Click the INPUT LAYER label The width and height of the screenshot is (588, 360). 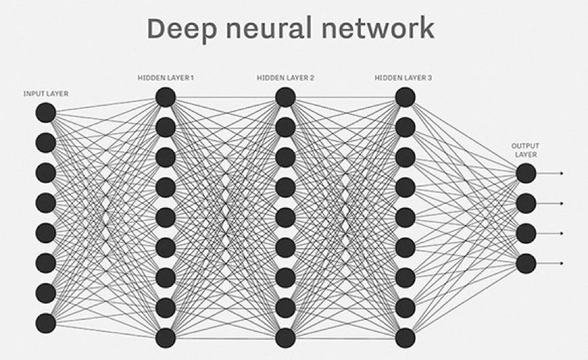(x=46, y=92)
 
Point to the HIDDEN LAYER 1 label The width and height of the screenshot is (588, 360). (x=165, y=78)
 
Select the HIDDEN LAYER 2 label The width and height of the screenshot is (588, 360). (x=286, y=78)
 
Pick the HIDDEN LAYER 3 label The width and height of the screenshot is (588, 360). (x=403, y=78)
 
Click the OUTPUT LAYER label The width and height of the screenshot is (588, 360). (x=525, y=150)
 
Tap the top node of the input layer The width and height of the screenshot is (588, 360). (x=46, y=113)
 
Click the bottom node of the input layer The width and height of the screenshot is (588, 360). (x=46, y=323)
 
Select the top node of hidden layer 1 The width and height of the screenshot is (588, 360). (x=165, y=97)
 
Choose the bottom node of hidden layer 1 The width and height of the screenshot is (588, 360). (x=165, y=338)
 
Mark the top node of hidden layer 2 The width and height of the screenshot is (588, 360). (x=286, y=97)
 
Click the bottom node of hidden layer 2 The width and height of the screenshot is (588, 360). (x=286, y=338)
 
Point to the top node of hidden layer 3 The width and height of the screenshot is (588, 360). (x=405, y=97)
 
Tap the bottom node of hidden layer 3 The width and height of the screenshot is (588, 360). (x=405, y=338)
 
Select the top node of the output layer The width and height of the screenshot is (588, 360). (x=525, y=173)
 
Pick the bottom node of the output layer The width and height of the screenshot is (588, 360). (x=525, y=263)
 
